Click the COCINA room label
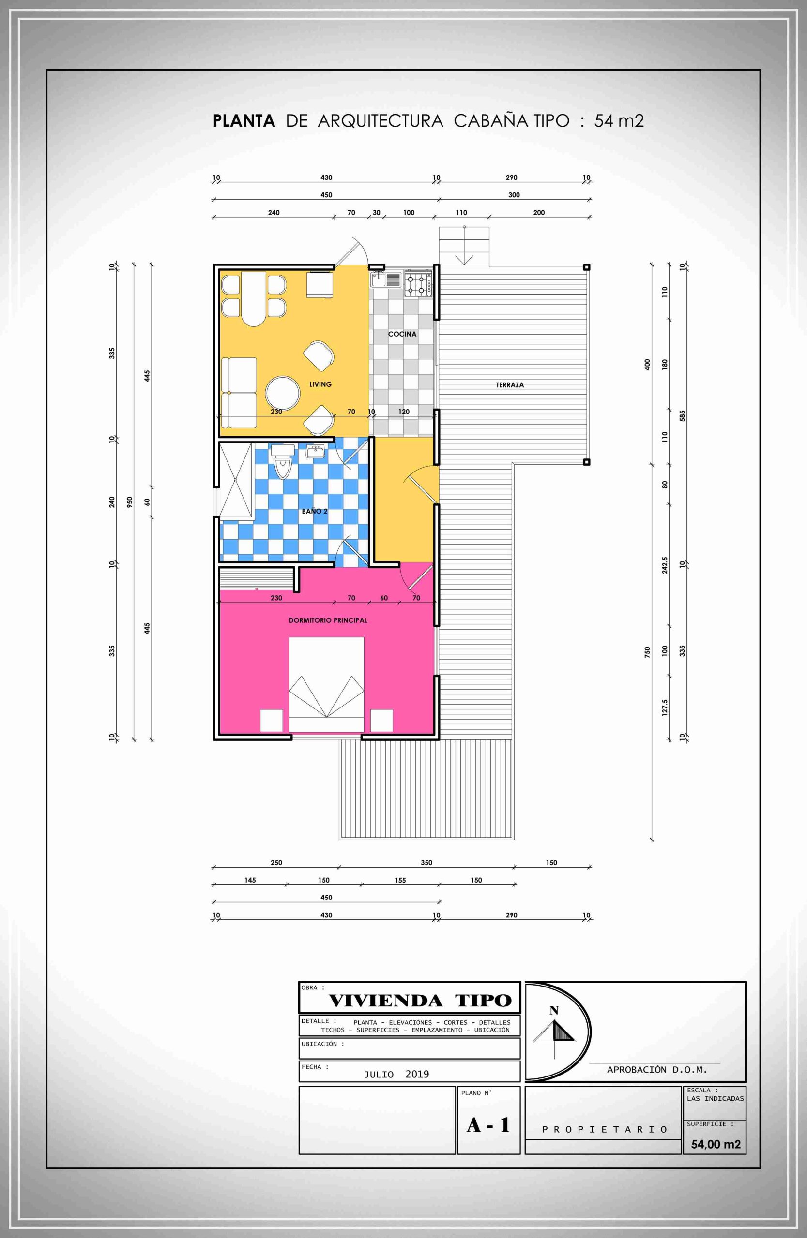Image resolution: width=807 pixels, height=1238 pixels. pyautogui.click(x=402, y=334)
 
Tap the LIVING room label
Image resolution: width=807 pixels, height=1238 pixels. pyautogui.click(x=320, y=384)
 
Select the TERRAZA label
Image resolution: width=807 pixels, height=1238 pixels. pyautogui.click(x=510, y=385)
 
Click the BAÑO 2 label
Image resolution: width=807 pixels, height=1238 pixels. pyautogui.click(x=315, y=511)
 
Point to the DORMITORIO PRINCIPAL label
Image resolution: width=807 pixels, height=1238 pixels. pyautogui.click(x=328, y=620)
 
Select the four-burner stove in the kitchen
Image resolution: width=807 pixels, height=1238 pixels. pyautogui.click(x=418, y=284)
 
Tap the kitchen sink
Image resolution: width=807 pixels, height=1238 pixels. pyautogui.click(x=386, y=280)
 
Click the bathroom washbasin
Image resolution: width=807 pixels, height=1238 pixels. pyautogui.click(x=316, y=451)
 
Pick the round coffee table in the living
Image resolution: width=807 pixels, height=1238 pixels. pyautogui.click(x=283, y=393)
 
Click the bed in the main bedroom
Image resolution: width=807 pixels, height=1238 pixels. pyautogui.click(x=326, y=684)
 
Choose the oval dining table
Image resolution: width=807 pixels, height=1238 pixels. pyautogui.click(x=254, y=298)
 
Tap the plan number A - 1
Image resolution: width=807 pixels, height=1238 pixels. pyautogui.click(x=488, y=1125)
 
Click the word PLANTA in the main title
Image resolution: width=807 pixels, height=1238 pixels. pyautogui.click(x=244, y=121)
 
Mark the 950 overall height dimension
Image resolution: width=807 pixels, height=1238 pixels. pyautogui.click(x=130, y=501)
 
